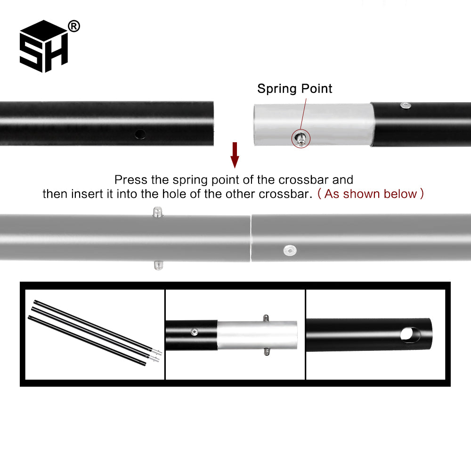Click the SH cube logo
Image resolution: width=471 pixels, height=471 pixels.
[x=44, y=46]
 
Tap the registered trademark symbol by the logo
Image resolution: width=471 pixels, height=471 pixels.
[x=74, y=26]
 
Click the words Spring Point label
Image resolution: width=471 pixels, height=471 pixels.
[x=295, y=89]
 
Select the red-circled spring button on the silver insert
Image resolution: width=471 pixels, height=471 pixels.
[x=300, y=138]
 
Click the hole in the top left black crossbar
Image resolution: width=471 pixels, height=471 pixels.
[x=140, y=134]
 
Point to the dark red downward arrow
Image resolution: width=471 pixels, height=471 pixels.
[x=235, y=155]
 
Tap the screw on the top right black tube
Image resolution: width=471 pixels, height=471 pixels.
[x=406, y=106]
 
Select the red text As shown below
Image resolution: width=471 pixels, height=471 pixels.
[x=371, y=194]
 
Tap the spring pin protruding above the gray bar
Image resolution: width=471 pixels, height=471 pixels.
[x=158, y=211]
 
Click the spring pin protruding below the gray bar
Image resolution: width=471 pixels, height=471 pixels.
[x=158, y=265]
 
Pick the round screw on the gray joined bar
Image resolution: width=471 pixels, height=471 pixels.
[x=290, y=251]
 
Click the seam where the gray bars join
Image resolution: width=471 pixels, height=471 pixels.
[x=251, y=238]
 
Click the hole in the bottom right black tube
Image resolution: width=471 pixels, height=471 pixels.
[x=410, y=335]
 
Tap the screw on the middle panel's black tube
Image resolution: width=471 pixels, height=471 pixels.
[x=195, y=332]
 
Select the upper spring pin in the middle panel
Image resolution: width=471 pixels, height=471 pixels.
[x=266, y=318]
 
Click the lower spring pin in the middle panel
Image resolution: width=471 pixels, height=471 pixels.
[x=267, y=352]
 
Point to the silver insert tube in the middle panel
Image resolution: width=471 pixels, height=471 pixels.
[x=257, y=335]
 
